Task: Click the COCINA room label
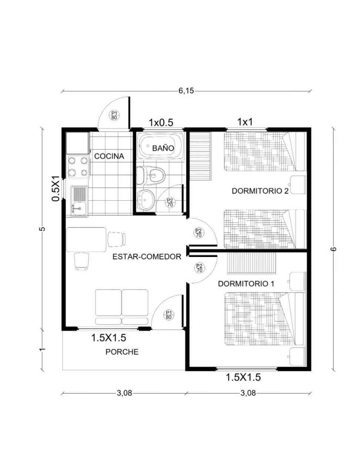pyautogui.click(x=109, y=156)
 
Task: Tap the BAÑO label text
pyautogui.click(x=163, y=148)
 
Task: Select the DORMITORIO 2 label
pyautogui.click(x=260, y=191)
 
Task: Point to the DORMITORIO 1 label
pyautogui.click(x=246, y=284)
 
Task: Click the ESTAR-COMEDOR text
pyautogui.click(x=147, y=257)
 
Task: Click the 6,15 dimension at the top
pyautogui.click(x=186, y=91)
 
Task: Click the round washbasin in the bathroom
pyautogui.click(x=146, y=200)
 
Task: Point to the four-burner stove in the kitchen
pyautogui.click(x=78, y=167)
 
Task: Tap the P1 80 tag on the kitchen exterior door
pyautogui.click(x=114, y=115)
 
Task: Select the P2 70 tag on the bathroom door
pyautogui.click(x=170, y=202)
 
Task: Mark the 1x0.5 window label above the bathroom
pyautogui.click(x=161, y=123)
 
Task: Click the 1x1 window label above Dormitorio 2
pyautogui.click(x=245, y=122)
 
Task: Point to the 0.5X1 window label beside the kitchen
pyautogui.click(x=56, y=188)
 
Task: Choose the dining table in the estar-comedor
pyautogui.click(x=86, y=239)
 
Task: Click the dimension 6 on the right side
pyautogui.click(x=333, y=249)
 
